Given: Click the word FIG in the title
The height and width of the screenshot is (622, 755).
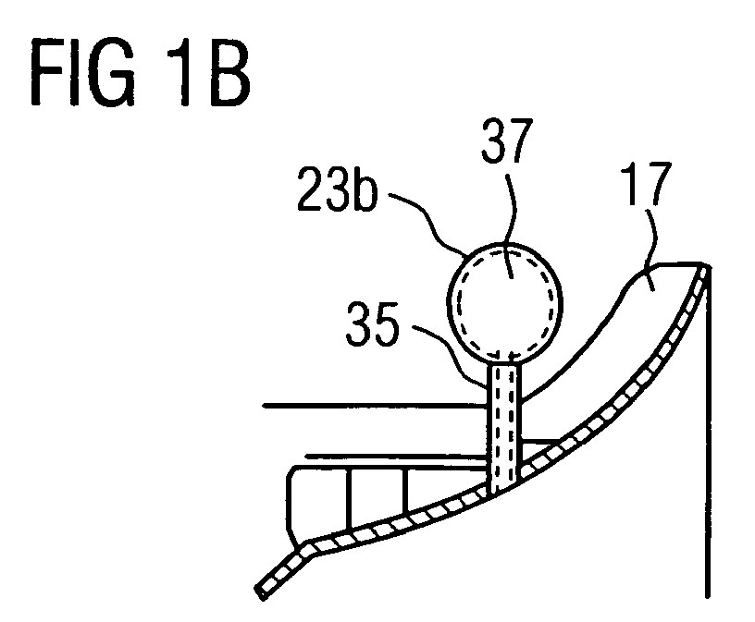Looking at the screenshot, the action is pos(83,72).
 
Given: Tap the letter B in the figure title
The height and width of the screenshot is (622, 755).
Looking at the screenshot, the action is pos(229,72).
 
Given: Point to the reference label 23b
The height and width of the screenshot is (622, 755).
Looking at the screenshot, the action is pos(337,189).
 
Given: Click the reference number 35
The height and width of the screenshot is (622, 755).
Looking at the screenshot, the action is pos(372,323).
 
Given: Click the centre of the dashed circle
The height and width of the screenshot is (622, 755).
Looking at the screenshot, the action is pos(504,302).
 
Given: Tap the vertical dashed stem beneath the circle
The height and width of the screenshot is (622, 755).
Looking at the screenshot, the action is pos(504,428).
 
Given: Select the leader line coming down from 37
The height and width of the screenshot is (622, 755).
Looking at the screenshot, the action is pos(513,221).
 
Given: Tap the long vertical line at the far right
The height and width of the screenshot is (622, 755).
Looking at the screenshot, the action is pos(707,431).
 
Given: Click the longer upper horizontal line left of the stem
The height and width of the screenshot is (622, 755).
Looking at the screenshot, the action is pos(376,406).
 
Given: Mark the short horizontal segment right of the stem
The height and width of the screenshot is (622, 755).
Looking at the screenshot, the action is pos(540,440).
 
